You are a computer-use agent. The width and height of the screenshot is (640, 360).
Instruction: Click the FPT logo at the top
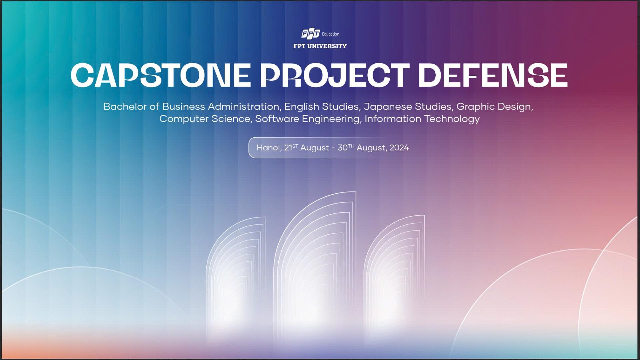(x=310, y=34)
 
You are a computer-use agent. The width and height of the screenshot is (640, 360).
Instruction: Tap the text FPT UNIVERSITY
(x=320, y=46)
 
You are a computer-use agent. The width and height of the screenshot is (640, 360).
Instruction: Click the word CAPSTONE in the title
(x=161, y=75)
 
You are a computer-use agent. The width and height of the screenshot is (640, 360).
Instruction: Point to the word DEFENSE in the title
(x=493, y=75)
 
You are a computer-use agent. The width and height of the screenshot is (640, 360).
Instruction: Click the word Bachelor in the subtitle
(x=125, y=107)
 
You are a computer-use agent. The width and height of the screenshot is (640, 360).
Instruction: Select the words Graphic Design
(x=495, y=107)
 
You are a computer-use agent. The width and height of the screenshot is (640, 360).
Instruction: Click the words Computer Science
(x=205, y=119)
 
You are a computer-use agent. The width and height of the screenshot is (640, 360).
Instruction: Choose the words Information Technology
(x=422, y=119)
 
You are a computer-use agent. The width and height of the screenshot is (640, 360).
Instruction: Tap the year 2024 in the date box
(x=399, y=148)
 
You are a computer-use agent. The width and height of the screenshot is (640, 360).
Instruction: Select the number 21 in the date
(x=288, y=148)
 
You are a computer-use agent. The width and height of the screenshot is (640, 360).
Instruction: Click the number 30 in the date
(x=343, y=148)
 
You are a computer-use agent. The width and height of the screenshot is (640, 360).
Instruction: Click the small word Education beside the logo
(x=330, y=34)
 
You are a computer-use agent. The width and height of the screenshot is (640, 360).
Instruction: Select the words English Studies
(x=321, y=107)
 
